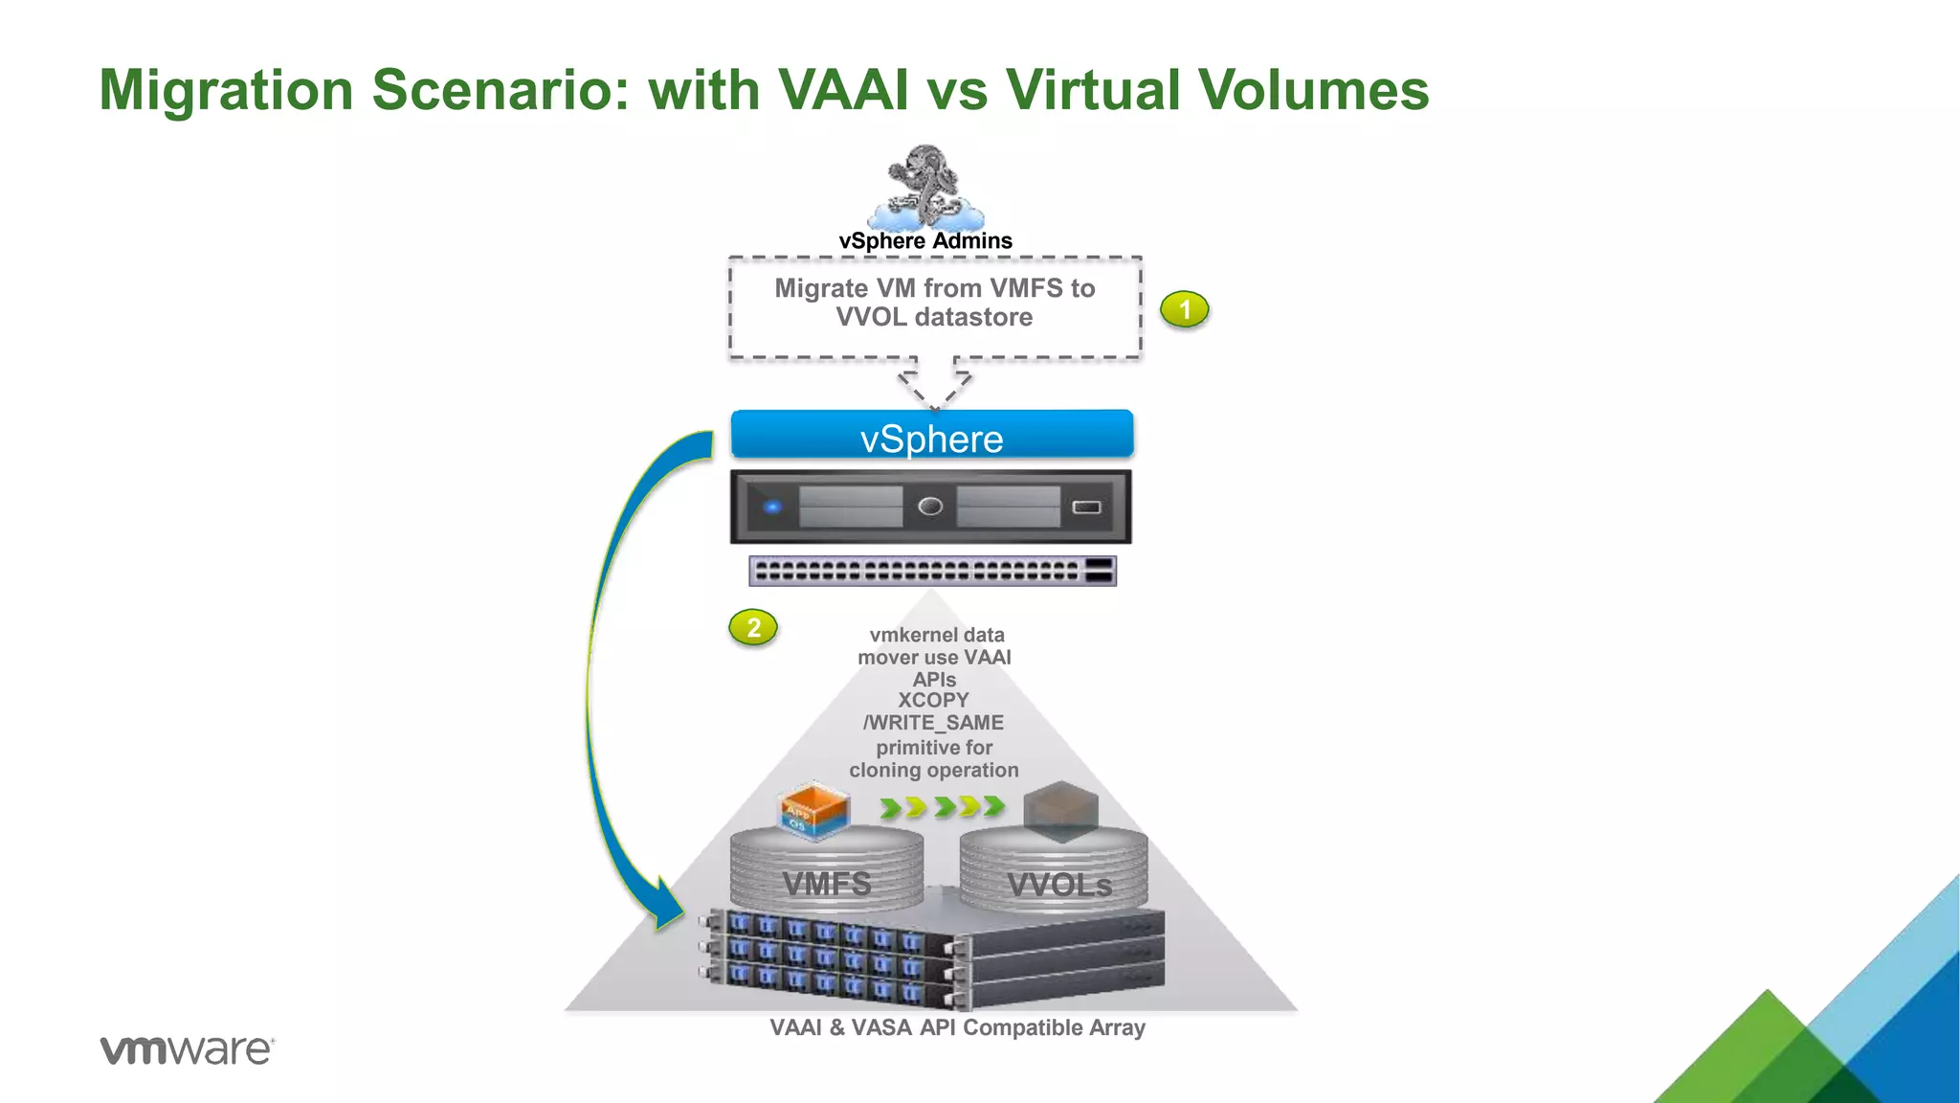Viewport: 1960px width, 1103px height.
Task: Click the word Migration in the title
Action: coord(227,90)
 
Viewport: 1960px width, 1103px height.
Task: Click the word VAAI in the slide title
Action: coord(843,90)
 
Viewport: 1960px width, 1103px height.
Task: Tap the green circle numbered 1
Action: coord(1185,309)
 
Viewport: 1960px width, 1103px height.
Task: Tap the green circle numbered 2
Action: coord(753,628)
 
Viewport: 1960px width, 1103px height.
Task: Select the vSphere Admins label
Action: coord(925,241)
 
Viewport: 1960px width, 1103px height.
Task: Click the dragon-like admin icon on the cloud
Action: coord(924,184)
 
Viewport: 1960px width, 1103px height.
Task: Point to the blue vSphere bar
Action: coord(931,437)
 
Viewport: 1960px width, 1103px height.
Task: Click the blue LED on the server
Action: coord(772,506)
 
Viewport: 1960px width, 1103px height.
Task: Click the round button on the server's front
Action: coord(930,506)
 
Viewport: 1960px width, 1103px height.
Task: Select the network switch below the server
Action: coord(932,571)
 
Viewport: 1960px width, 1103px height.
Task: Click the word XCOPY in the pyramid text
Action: coord(933,701)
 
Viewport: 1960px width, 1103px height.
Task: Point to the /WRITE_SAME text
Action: coord(933,723)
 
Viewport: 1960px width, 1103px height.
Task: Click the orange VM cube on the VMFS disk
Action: coord(813,810)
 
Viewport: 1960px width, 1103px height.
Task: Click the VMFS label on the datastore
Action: coord(827,884)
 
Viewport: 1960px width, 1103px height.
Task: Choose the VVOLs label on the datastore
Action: coord(1059,886)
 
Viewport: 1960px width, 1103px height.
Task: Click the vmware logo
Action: coord(187,1050)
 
